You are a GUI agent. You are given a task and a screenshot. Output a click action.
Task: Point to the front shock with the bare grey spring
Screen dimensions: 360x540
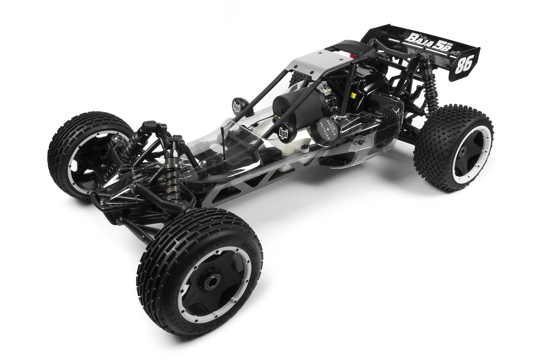173,177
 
